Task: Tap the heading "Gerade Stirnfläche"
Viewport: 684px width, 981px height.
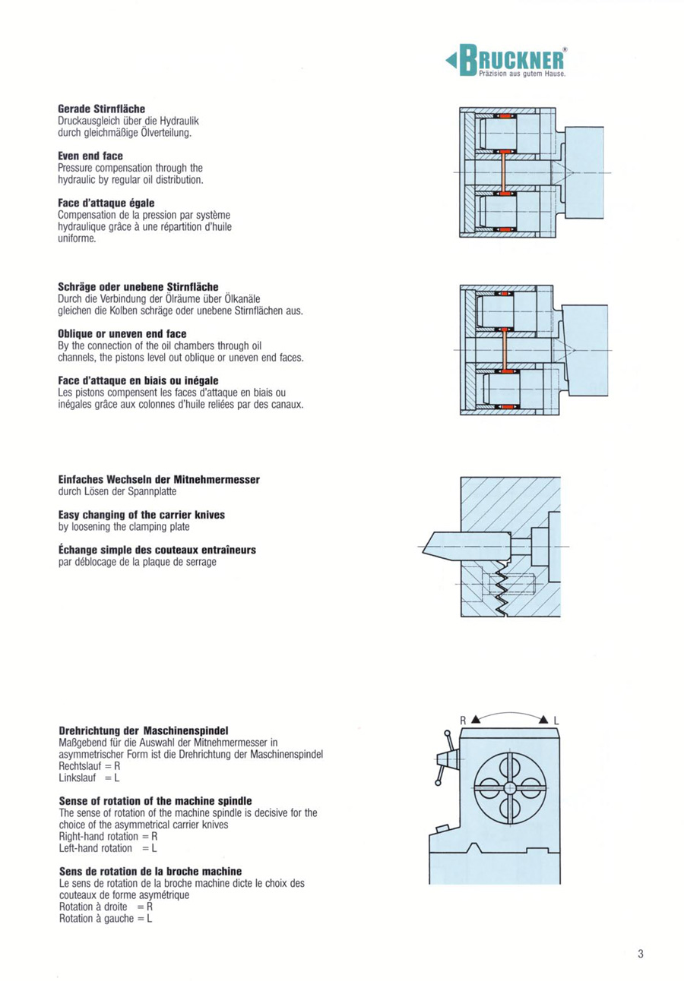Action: coord(101,110)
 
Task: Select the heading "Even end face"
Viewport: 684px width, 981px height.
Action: coord(90,156)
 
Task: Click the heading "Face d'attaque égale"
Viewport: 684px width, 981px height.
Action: coord(106,203)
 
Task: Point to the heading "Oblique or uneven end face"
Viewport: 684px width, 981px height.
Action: coord(122,334)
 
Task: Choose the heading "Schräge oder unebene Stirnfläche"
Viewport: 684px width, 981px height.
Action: coord(138,287)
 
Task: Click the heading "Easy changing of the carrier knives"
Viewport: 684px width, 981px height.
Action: coord(141,515)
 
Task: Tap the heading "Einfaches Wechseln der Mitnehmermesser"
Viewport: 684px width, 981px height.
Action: coord(159,480)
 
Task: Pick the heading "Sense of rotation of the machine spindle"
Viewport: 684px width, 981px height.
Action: coord(155,801)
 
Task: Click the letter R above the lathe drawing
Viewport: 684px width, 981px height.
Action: coord(461,719)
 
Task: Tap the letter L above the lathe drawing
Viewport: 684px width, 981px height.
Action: coord(556,719)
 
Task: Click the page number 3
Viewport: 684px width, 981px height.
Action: coord(641,954)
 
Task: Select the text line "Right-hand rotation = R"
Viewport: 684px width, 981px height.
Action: coord(107,836)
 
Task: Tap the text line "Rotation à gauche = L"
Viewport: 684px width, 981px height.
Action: coord(105,919)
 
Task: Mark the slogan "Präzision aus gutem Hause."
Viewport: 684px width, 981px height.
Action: coord(522,74)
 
